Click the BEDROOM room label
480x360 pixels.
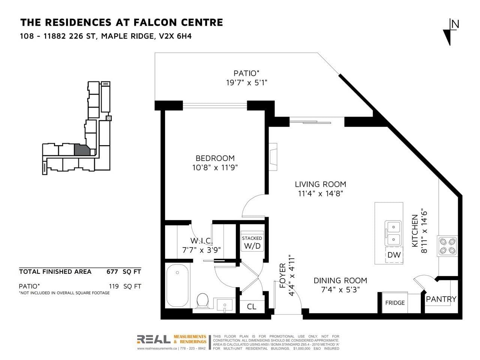coord(215,158)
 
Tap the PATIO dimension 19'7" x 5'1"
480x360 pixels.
coord(246,83)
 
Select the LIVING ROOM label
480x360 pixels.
coord(320,184)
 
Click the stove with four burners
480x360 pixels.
coord(447,246)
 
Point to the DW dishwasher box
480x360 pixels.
coord(394,255)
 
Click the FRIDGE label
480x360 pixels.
coord(395,303)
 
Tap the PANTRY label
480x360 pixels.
coord(441,299)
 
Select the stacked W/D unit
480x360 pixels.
coord(252,241)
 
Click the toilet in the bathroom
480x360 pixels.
coord(202,301)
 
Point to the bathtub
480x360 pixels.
coord(177,286)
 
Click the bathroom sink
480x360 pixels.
coord(225,305)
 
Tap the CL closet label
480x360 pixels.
coord(252,307)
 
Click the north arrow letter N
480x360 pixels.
coord(455,24)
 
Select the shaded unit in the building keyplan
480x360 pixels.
coord(82,150)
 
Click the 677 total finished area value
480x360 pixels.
coord(112,272)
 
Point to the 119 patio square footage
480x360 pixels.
coord(114,286)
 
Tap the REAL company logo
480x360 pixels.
coord(153,339)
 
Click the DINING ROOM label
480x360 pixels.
coord(340,280)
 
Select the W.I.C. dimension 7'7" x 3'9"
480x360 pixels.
coord(201,250)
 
